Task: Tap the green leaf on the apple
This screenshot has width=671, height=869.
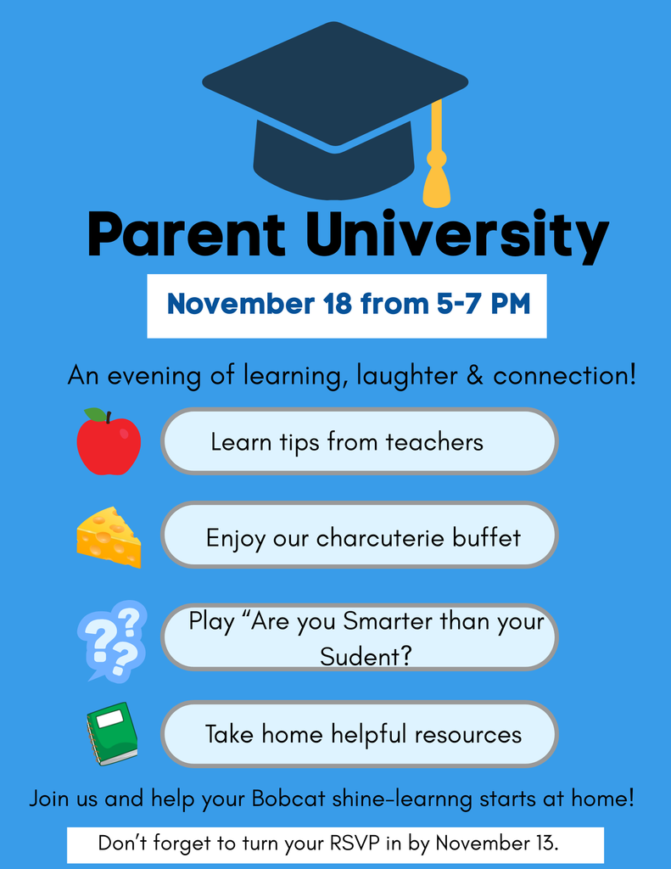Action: tap(95, 415)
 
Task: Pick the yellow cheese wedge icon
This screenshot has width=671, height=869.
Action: tap(109, 537)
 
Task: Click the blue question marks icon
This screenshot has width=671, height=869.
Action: tap(112, 640)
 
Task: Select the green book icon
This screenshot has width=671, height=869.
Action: tap(112, 733)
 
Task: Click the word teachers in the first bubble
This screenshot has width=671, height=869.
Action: tap(434, 442)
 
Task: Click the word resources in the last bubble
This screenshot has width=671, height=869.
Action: tap(473, 734)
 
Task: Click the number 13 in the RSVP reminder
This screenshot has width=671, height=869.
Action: tap(545, 844)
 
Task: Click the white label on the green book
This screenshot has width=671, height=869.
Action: tap(109, 719)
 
